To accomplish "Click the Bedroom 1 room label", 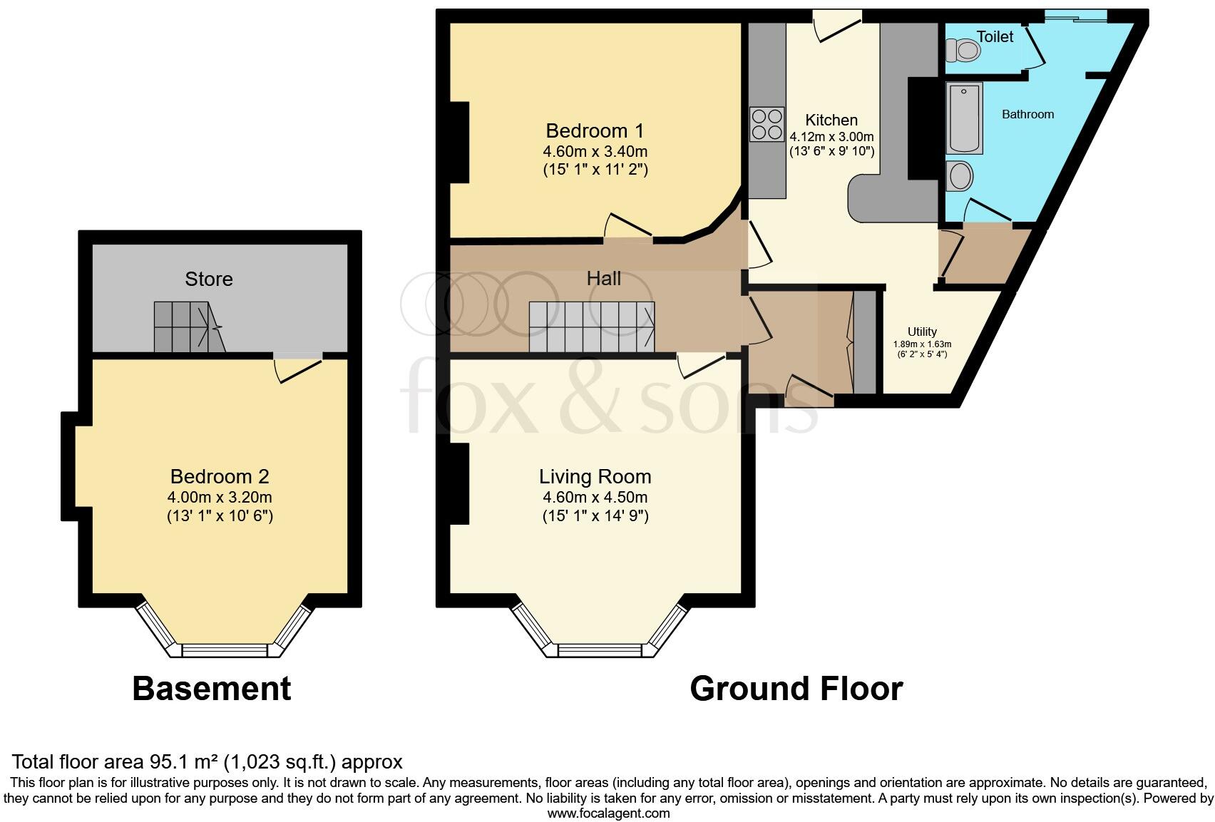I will click(595, 131).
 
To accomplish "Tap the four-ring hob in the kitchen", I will click(767, 124).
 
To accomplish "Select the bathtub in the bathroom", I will click(964, 118).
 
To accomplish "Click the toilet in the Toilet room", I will click(963, 51).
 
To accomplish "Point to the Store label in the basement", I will click(209, 279).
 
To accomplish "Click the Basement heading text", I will click(212, 689).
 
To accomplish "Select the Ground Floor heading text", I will click(796, 689).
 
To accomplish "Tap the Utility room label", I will click(922, 332).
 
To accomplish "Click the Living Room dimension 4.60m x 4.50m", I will click(595, 497).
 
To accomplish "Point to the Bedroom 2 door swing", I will click(296, 368).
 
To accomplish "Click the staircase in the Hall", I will click(591, 327).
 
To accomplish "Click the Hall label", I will click(603, 279).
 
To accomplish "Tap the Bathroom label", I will click(1027, 114).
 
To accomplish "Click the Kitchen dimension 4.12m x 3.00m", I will click(831, 136).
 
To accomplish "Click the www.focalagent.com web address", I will click(608, 813).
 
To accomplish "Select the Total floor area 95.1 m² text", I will click(207, 761).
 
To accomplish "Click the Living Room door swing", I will click(699, 365).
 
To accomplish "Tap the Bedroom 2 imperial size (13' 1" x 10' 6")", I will click(220, 515).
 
